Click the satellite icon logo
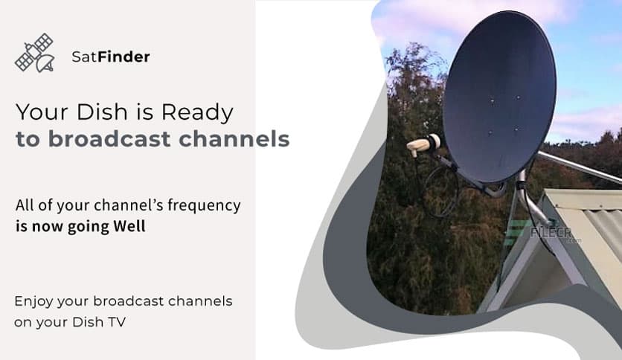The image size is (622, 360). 34,54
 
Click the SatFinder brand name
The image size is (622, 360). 111,57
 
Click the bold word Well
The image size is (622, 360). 129,226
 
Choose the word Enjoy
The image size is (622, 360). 33,302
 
